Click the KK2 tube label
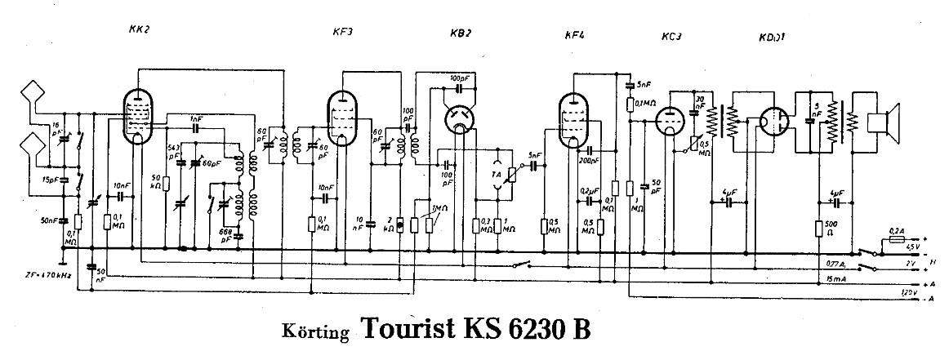point(140,29)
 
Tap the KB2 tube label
point(461,33)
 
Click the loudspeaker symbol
point(882,122)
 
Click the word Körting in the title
point(318,332)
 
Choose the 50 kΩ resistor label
point(156,180)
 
